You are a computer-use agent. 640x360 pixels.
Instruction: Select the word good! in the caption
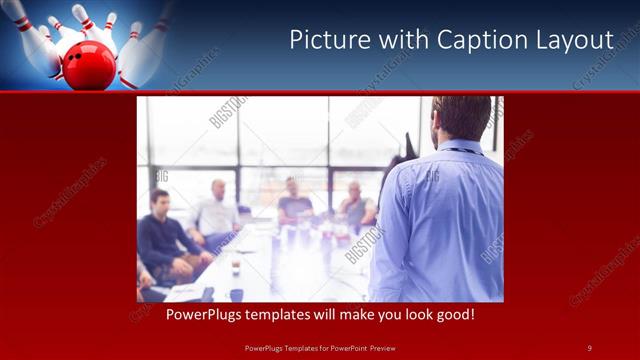point(453,314)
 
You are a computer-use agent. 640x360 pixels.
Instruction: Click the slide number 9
point(589,347)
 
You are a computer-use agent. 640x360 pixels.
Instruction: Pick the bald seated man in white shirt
point(216,210)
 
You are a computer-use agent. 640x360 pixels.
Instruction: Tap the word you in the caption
point(381,314)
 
